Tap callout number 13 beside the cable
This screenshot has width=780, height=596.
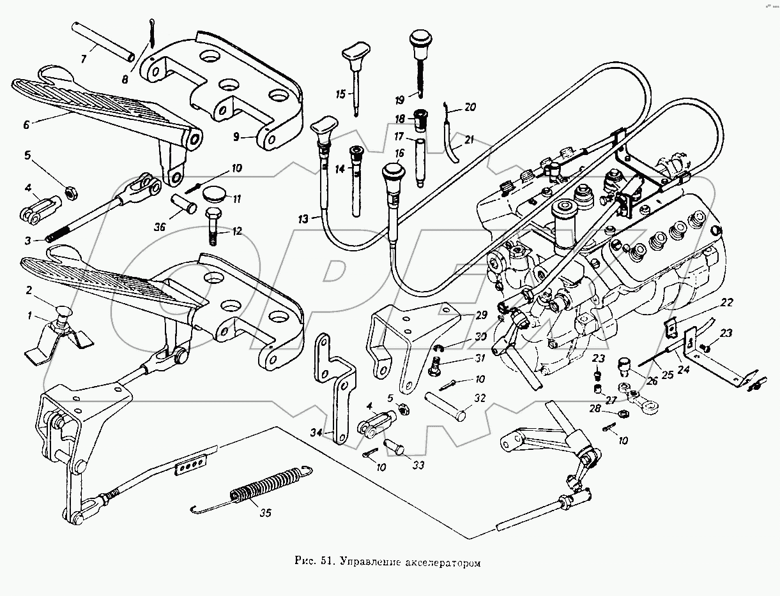coord(302,219)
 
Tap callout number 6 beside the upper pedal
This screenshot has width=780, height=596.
coord(26,126)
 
